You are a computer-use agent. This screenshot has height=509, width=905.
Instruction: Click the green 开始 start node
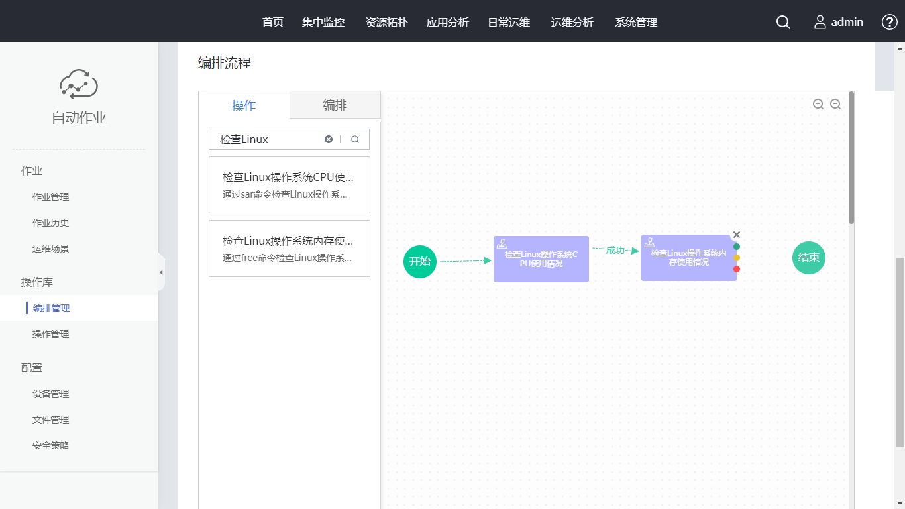click(x=420, y=261)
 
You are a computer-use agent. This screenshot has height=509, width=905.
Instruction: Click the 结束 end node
click(x=809, y=258)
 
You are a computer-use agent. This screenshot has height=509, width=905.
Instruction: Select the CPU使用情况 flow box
click(x=541, y=259)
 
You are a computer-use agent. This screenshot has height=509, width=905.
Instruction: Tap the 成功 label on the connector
click(x=615, y=250)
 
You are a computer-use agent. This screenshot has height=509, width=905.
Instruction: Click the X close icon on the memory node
click(x=737, y=235)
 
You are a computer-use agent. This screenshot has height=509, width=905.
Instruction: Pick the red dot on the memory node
click(x=737, y=269)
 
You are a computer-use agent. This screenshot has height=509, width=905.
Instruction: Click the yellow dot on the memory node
click(x=737, y=258)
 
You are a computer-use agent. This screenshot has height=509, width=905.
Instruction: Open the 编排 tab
click(x=335, y=105)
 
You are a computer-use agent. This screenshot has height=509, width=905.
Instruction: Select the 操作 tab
click(x=244, y=106)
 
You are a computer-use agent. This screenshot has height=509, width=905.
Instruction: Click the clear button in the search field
click(x=329, y=139)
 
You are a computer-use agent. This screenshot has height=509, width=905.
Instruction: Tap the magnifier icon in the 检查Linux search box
click(x=355, y=139)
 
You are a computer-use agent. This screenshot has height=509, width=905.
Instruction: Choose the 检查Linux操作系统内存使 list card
click(x=289, y=249)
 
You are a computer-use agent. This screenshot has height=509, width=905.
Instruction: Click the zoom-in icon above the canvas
click(x=818, y=104)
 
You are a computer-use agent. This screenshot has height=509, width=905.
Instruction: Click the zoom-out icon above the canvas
click(x=835, y=104)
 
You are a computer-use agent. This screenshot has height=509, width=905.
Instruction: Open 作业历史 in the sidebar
click(x=51, y=223)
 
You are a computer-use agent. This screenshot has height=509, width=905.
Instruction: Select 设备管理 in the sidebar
click(x=51, y=394)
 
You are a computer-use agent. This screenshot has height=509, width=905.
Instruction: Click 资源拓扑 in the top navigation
click(x=387, y=22)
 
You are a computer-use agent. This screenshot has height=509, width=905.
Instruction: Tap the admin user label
click(x=847, y=22)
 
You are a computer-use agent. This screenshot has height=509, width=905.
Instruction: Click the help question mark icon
click(x=890, y=22)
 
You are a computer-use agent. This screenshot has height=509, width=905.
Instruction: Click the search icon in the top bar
click(x=783, y=23)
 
